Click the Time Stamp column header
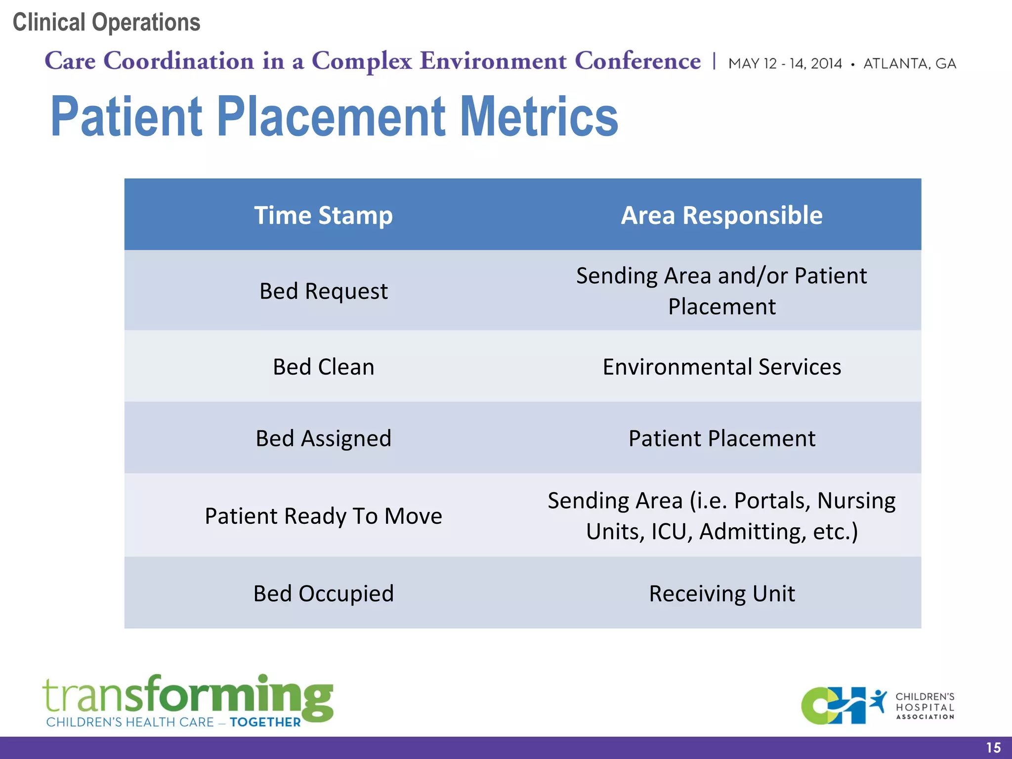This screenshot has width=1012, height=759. tap(323, 215)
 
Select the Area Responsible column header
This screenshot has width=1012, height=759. tap(721, 215)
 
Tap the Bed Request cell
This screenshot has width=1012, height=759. tap(323, 291)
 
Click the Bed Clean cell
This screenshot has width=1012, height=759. tap(323, 367)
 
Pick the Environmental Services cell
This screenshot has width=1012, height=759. tap(721, 367)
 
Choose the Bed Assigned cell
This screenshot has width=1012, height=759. tap(323, 438)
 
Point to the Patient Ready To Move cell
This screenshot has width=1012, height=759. tap(323, 516)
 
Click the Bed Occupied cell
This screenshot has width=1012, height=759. tap(323, 593)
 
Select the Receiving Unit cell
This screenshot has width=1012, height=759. tap(721, 593)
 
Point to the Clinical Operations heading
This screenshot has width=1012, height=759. tap(106, 22)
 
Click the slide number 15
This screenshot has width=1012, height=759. tap(993, 748)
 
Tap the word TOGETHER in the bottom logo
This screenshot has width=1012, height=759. tap(265, 722)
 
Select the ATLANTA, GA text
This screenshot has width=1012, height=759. tap(909, 64)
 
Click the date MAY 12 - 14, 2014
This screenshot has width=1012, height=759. tap(785, 64)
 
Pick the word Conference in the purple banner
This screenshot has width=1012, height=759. tap(637, 61)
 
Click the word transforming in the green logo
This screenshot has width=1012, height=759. tap(188, 696)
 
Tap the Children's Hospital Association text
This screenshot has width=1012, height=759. tap(925, 706)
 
